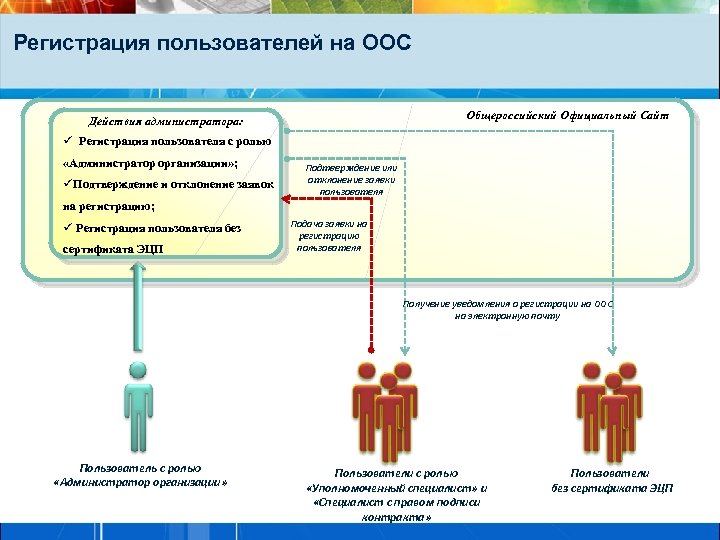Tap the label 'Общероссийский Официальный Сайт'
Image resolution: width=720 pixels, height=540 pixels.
[568, 116]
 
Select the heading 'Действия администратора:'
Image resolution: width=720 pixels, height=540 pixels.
[165, 122]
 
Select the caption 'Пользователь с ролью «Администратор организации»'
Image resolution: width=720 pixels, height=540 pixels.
[140, 475]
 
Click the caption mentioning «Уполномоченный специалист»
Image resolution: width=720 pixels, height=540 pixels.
[397, 487]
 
